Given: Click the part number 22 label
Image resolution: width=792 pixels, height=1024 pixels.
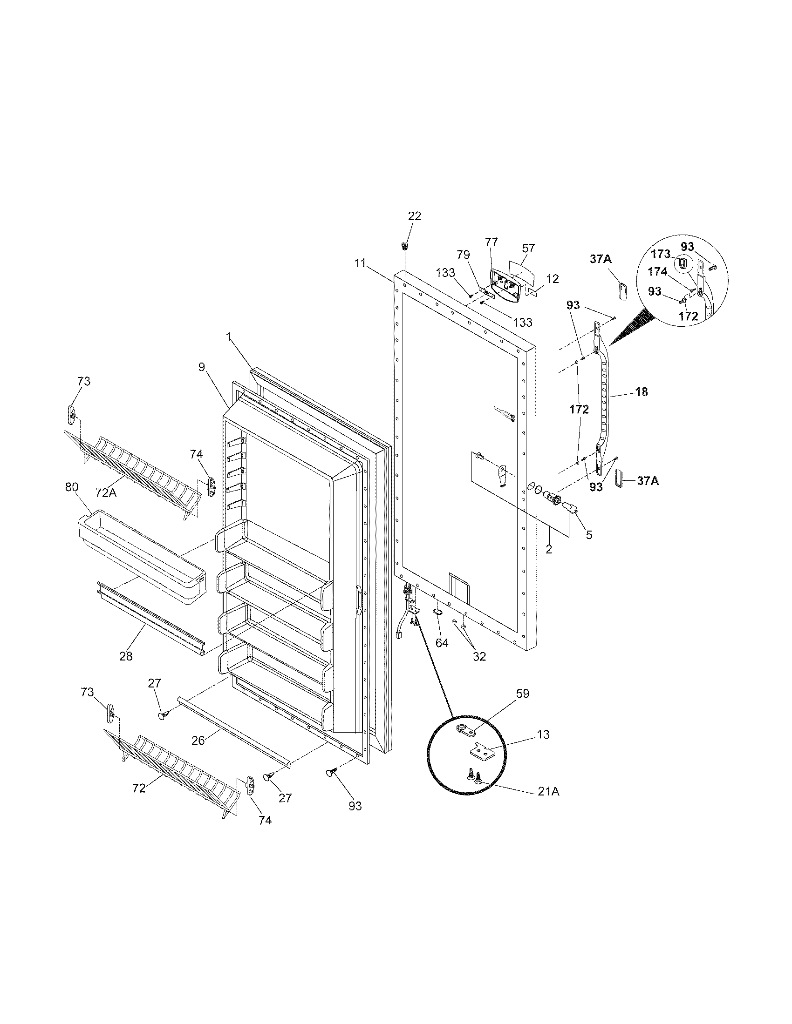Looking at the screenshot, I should [414, 216].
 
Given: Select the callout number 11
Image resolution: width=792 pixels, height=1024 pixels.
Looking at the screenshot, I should [360, 263].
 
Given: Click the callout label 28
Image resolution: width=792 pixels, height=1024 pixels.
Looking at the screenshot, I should [126, 656].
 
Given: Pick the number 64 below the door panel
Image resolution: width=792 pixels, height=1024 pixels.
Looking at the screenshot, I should [442, 643].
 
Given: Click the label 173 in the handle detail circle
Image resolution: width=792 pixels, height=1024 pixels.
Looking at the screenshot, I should [661, 254].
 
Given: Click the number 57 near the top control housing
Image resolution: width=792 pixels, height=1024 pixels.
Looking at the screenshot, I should [528, 248].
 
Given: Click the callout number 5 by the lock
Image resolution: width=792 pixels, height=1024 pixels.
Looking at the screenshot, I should [588, 534].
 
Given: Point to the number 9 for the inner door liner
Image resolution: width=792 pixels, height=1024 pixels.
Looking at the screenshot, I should [201, 367].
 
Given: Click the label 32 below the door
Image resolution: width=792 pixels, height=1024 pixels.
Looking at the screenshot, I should [479, 656].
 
